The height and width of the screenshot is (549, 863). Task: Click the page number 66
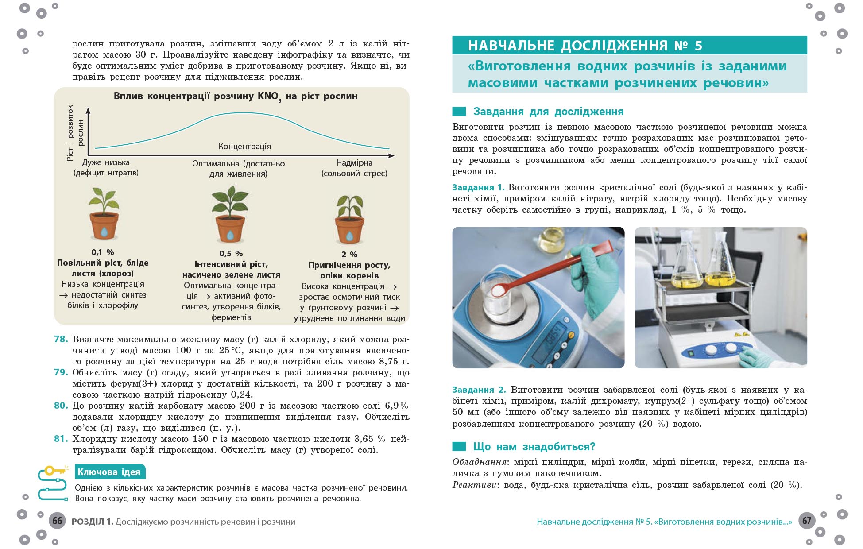click(x=57, y=521)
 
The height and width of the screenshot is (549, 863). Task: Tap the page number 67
click(x=807, y=521)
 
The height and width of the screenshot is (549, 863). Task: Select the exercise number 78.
click(x=61, y=339)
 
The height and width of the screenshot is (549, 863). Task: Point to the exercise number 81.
click(x=61, y=439)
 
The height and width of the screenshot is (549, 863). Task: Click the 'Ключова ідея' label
click(x=109, y=472)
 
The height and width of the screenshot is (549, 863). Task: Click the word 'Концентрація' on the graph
click(x=244, y=146)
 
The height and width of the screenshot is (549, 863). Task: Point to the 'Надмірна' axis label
click(x=354, y=163)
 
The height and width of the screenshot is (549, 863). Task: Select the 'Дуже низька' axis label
click(x=106, y=162)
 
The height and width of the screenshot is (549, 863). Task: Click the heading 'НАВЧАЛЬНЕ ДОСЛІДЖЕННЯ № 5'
click(x=585, y=46)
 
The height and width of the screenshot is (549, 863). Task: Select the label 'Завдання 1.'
click(x=478, y=187)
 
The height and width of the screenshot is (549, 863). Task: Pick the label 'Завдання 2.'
click(x=479, y=390)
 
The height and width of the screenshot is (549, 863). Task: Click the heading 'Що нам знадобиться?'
click(x=534, y=446)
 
